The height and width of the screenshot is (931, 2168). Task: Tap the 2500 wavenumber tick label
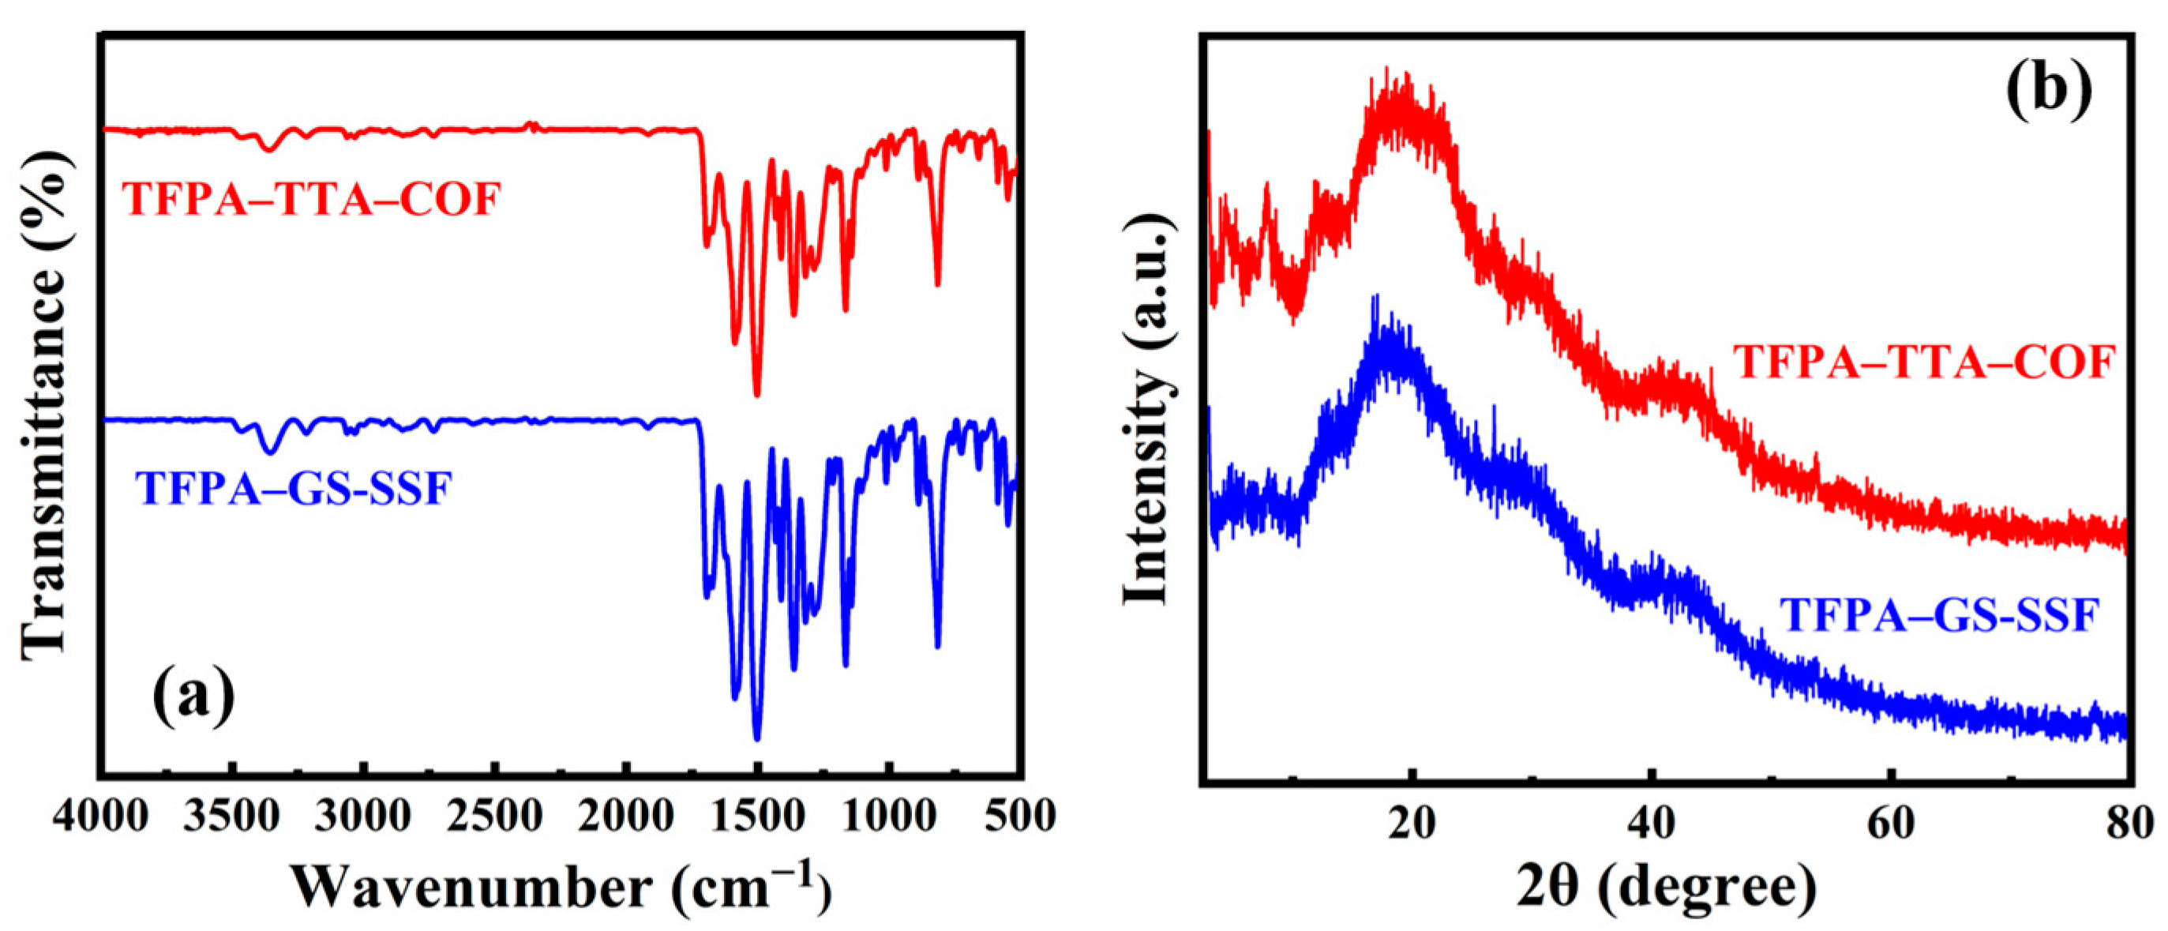[495, 816]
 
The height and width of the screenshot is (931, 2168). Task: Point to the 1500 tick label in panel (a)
[757, 816]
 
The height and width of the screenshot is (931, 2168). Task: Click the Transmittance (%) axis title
[43, 404]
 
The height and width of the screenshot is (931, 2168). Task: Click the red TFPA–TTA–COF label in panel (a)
[312, 200]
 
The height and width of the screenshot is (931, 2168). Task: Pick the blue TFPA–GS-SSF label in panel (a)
[294, 488]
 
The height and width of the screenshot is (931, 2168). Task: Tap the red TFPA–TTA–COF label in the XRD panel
[1925, 362]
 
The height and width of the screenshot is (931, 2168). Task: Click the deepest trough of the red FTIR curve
[756, 394]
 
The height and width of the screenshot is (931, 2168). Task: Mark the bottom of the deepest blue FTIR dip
[756, 739]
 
